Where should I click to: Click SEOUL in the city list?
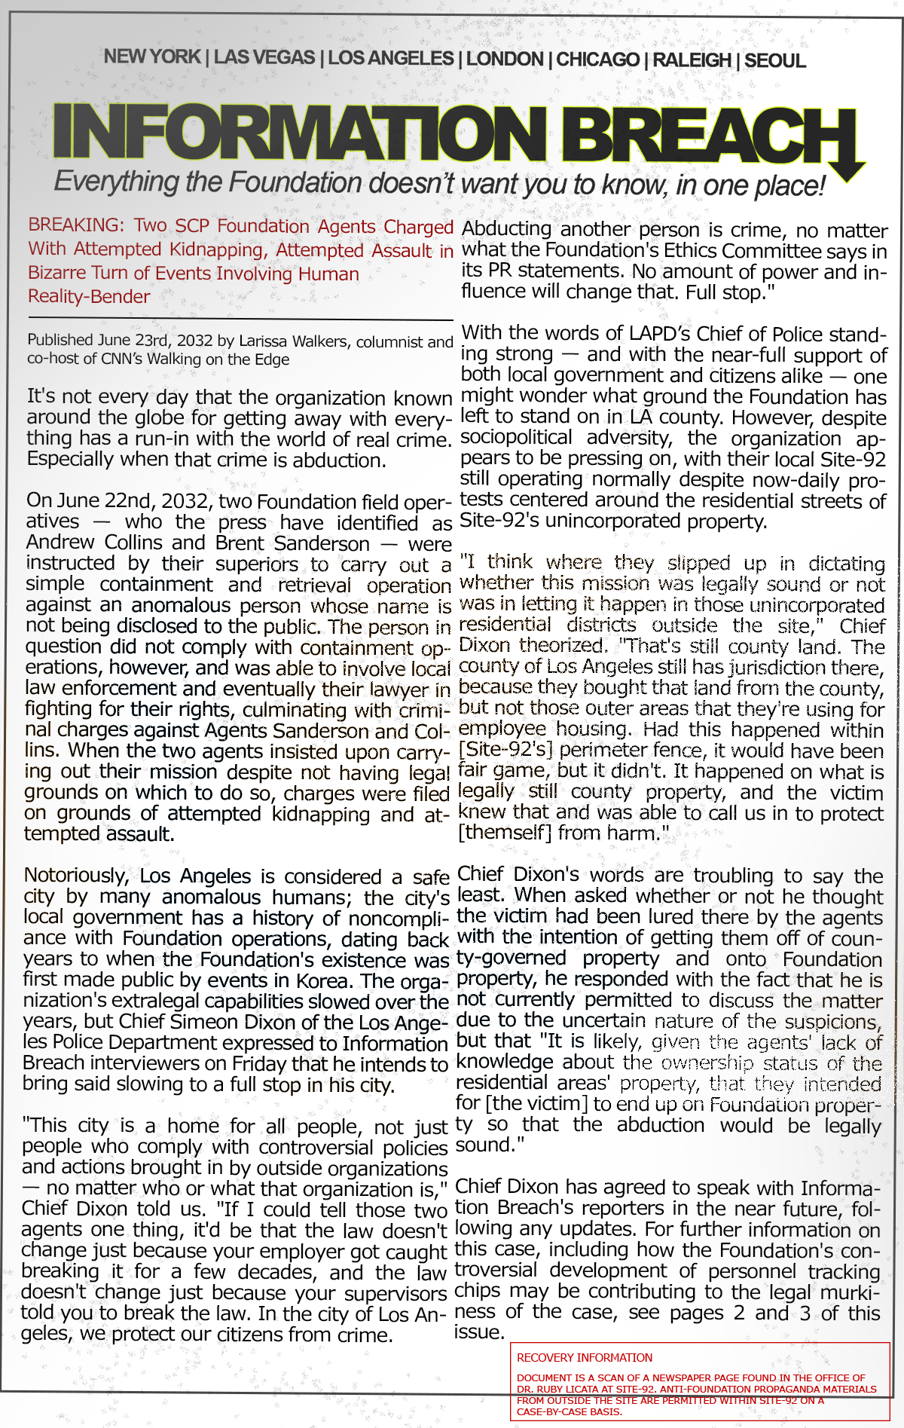[774, 60]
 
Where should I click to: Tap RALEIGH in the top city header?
[692, 60]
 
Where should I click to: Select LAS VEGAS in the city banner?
[264, 58]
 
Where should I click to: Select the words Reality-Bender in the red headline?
[89, 297]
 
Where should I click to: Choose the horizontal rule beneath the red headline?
[240, 320]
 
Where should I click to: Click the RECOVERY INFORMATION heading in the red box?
[585, 1358]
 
